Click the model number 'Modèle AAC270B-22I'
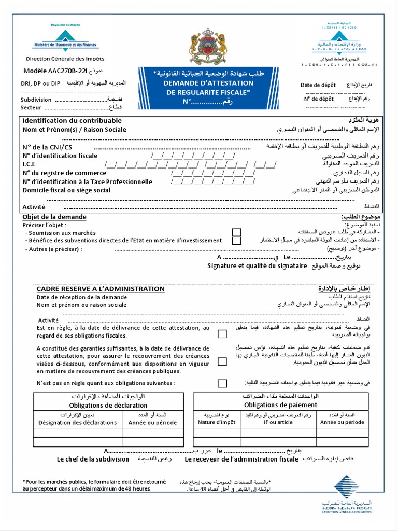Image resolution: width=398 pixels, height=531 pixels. pyautogui.click(x=51, y=71)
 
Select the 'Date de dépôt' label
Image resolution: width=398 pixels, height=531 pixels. pyautogui.click(x=318, y=85)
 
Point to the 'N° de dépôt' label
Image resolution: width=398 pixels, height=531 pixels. pyautogui.click(x=318, y=99)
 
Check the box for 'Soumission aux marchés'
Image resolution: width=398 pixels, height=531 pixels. pyautogui.click(x=236, y=232)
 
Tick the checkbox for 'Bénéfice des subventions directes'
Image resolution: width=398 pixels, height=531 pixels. pyautogui.click(x=236, y=241)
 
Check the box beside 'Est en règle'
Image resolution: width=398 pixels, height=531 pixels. pyautogui.click(x=222, y=334)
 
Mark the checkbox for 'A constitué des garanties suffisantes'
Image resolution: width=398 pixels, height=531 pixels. pyautogui.click(x=222, y=361)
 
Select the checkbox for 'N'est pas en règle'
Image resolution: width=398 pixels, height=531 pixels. pyautogui.click(x=222, y=383)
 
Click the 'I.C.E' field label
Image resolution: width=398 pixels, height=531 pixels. pyautogui.click(x=29, y=165)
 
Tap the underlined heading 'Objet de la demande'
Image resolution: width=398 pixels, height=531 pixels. pyautogui.click(x=54, y=217)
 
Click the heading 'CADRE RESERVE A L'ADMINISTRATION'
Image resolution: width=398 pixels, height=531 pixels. pyautogui.click(x=101, y=289)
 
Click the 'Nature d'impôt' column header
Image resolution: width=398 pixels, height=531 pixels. pyautogui.click(x=217, y=422)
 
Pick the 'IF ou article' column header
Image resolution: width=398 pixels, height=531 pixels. pyautogui.click(x=278, y=422)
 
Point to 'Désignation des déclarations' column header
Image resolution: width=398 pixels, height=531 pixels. pyautogui.click(x=78, y=422)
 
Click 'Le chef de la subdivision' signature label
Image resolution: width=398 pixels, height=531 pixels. pyautogui.click(x=93, y=459)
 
